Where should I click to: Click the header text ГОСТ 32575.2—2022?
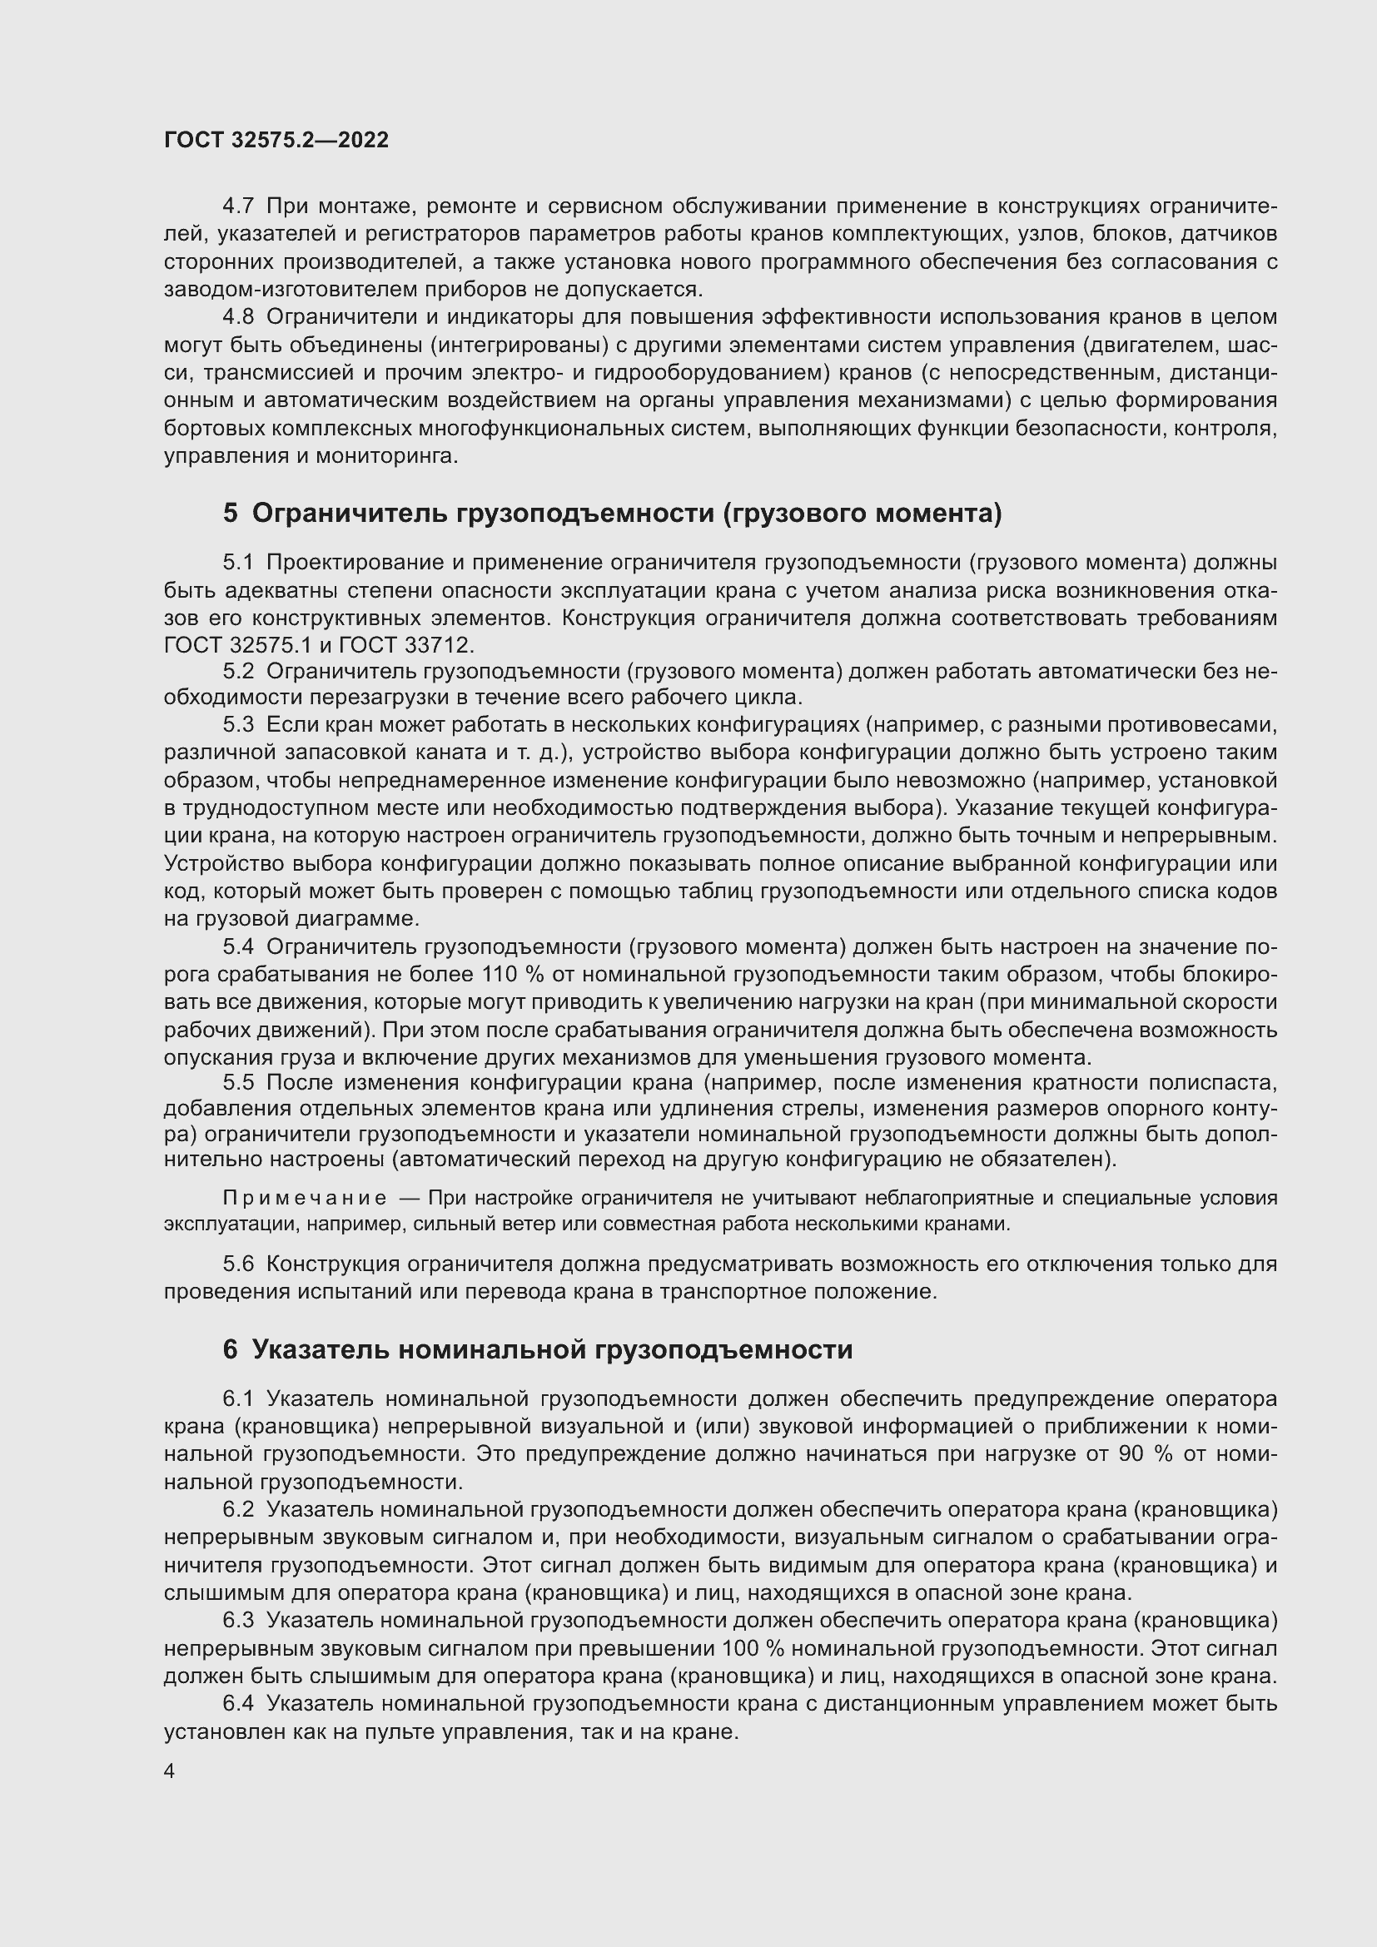276,140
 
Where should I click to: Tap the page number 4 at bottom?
170,1771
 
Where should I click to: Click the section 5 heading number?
231,514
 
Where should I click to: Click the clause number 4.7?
238,206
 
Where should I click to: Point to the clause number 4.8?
238,317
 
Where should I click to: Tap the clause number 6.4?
238,1704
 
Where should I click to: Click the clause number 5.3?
238,725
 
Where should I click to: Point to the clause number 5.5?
238,1084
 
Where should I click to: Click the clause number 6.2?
238,1509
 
